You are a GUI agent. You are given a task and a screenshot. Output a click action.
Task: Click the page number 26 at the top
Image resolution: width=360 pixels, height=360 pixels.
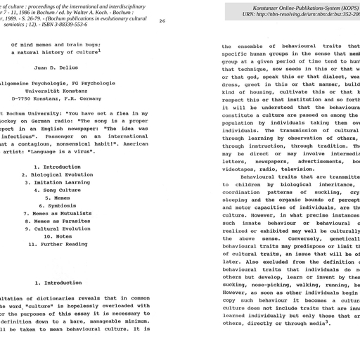coord(162,21)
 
